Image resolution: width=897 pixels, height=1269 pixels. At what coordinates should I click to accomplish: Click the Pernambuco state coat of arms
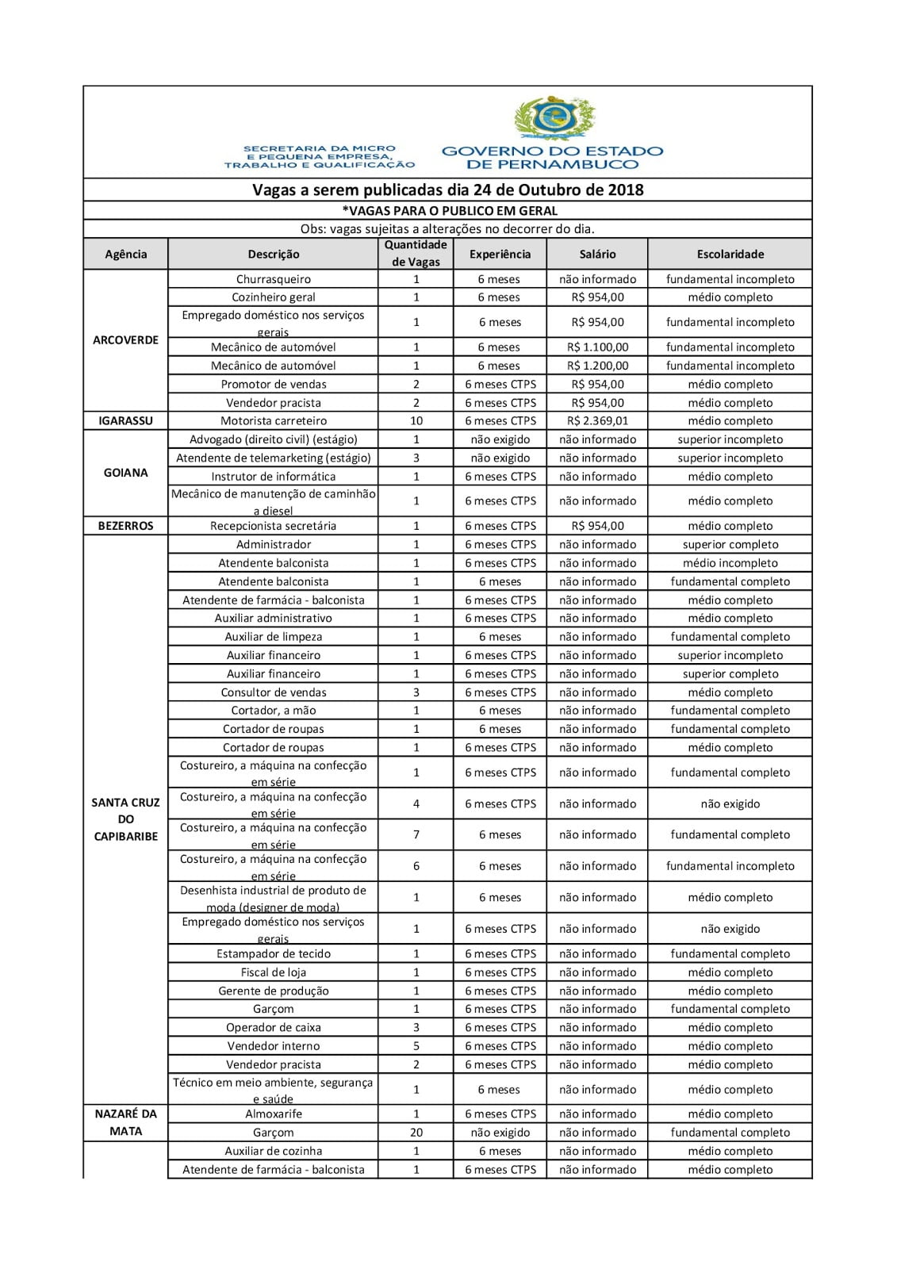553,119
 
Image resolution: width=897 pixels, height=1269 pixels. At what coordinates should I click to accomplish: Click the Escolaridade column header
730,255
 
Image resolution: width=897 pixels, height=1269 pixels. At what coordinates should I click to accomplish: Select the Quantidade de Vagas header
416,254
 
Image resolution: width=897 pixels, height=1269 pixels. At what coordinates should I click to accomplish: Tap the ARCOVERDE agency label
125,340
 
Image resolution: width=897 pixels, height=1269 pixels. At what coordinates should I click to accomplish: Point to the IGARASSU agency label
125,421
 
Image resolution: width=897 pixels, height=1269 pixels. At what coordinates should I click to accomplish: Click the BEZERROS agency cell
125,526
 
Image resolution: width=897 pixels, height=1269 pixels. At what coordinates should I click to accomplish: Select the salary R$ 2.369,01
597,421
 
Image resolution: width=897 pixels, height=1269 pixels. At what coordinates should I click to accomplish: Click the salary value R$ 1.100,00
597,347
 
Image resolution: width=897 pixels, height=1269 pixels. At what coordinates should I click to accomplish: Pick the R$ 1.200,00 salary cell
597,366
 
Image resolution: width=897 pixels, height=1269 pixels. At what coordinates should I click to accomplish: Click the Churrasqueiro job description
273,279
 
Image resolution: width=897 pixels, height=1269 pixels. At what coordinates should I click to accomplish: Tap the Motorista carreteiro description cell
273,421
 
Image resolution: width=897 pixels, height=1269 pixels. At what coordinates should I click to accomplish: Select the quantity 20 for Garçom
416,1133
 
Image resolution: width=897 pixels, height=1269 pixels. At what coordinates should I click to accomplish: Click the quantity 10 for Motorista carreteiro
416,421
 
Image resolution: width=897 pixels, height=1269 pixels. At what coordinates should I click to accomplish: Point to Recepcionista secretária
273,526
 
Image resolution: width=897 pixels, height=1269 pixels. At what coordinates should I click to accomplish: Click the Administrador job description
273,545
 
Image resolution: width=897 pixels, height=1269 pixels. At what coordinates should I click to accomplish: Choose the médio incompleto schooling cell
730,563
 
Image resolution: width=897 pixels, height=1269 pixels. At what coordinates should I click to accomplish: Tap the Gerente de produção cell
273,991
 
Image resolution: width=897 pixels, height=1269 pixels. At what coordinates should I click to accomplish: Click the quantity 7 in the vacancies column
416,834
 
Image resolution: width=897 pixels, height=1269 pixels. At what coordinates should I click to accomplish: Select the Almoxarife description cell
273,1114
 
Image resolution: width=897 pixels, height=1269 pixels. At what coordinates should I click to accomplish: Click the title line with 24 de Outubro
447,190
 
